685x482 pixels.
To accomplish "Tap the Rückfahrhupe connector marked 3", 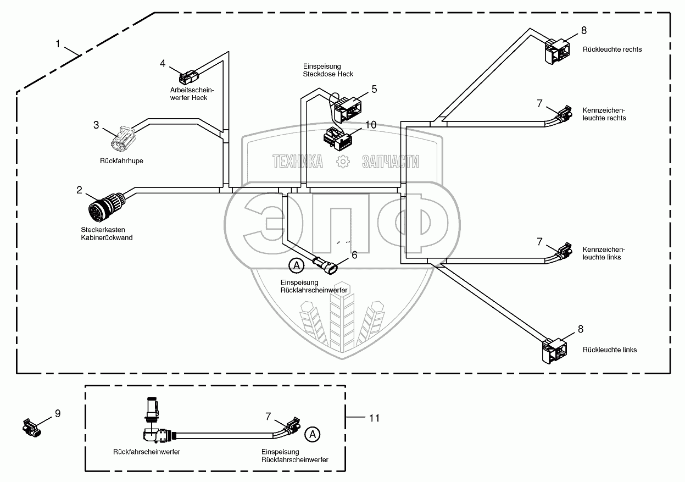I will coord(124,138).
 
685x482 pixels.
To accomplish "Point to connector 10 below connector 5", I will coord(339,138).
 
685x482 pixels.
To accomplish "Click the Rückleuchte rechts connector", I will coord(556,49).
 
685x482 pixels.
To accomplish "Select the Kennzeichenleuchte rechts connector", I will coord(563,114).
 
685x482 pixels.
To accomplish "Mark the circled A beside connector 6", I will coord(296,265).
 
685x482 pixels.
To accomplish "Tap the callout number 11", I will coord(374,418).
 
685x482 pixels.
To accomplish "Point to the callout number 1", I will coord(59,43).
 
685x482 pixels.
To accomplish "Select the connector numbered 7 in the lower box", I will coord(291,426).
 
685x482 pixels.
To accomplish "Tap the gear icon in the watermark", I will coord(343,162).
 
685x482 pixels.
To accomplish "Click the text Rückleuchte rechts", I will coord(612,49).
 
